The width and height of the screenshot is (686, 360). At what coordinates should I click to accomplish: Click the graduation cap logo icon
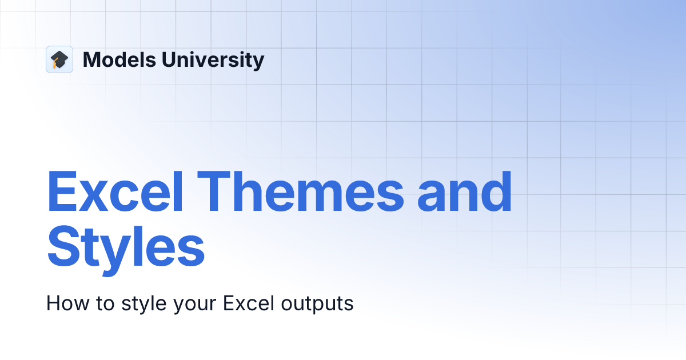59,59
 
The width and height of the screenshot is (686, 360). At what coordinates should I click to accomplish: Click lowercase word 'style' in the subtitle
143,303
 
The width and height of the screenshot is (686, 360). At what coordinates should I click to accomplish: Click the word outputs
317,303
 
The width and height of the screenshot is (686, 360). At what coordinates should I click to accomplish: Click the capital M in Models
91,59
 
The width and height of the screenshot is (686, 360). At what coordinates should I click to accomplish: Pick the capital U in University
165,59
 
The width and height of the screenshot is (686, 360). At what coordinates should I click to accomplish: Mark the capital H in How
53,303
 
